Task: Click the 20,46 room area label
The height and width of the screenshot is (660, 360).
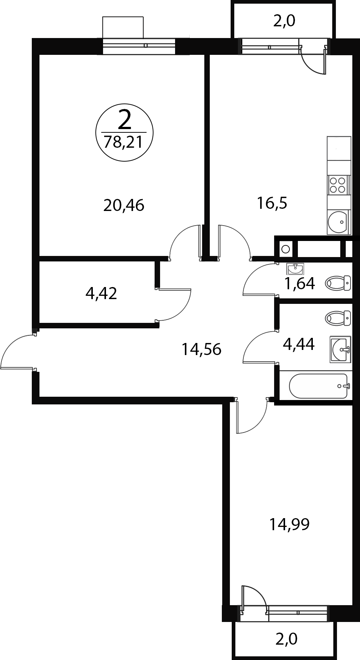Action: click(x=124, y=205)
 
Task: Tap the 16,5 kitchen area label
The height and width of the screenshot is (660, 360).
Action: click(x=272, y=203)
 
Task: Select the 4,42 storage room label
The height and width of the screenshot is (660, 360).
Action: click(x=101, y=293)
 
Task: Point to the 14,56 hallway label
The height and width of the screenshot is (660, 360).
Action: click(x=201, y=350)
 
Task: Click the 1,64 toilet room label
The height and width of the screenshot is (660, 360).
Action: click(x=300, y=283)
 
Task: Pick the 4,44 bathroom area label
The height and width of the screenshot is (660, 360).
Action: click(x=299, y=344)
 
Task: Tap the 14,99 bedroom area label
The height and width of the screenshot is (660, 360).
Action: click(x=289, y=524)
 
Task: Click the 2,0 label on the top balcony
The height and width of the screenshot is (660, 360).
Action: click(x=284, y=22)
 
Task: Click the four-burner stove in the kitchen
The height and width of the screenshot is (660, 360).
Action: click(x=338, y=184)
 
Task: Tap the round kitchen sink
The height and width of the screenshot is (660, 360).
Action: click(x=338, y=222)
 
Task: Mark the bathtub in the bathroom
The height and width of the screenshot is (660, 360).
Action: click(x=319, y=386)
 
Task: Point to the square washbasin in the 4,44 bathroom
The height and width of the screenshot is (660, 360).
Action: click(x=340, y=350)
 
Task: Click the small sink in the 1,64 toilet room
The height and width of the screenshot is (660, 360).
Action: click(x=295, y=269)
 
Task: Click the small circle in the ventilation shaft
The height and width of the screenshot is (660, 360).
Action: click(x=286, y=249)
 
